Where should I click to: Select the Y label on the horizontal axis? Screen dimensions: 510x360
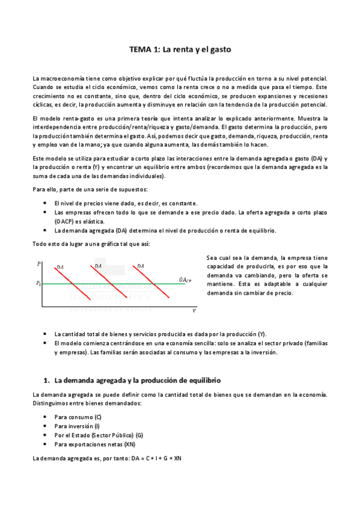(194, 311)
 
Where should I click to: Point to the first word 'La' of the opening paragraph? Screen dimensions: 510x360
(36, 79)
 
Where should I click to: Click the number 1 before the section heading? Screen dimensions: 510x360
(46, 380)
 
